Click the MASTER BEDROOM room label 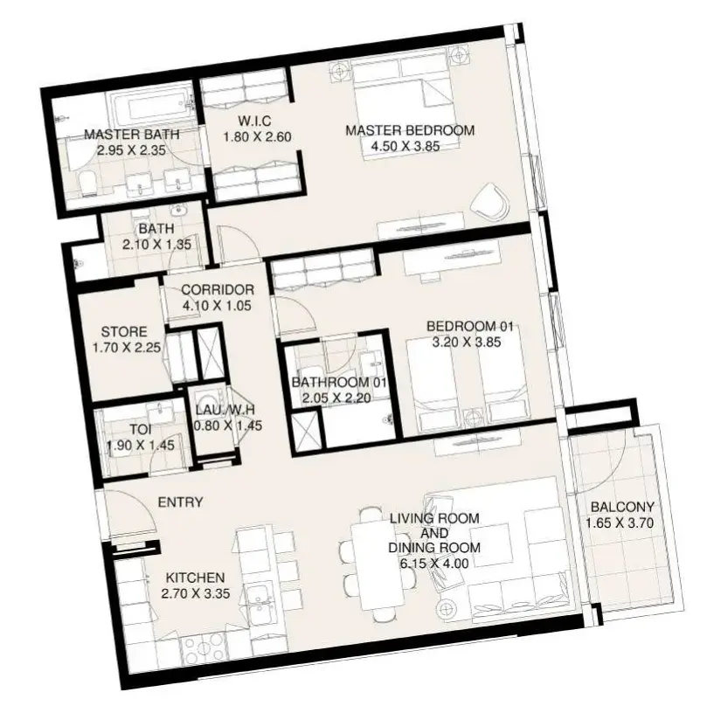(410, 131)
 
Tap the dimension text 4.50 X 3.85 (406, 147)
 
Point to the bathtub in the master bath (151, 107)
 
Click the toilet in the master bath (87, 184)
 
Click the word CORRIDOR (218, 290)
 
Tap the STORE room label (124, 331)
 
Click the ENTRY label (180, 502)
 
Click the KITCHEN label (195, 578)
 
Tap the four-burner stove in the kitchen (204, 649)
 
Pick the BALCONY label (622, 507)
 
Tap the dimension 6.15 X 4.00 (434, 564)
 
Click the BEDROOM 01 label (469, 327)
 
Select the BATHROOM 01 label (339, 383)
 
